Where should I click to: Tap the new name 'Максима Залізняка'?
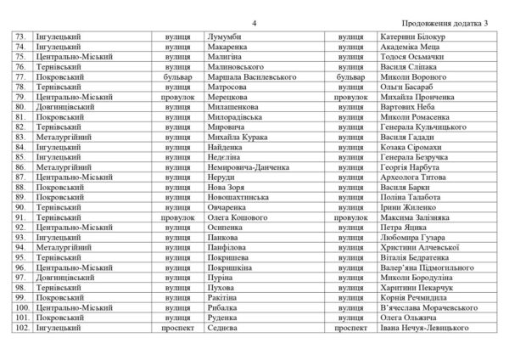[420, 217]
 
